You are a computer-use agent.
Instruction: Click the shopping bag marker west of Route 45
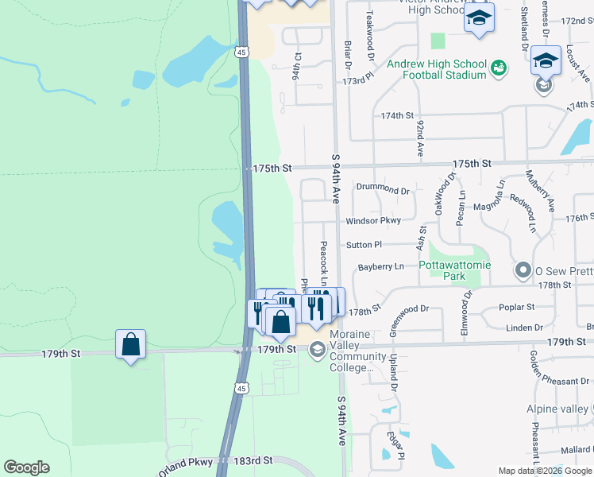click(x=131, y=344)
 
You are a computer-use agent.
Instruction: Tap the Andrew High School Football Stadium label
click(x=436, y=69)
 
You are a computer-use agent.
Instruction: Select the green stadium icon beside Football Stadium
click(x=498, y=69)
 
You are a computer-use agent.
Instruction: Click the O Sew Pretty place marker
click(x=523, y=271)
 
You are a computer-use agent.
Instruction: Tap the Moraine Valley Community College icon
click(x=317, y=349)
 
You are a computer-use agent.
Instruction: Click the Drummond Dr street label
click(x=383, y=190)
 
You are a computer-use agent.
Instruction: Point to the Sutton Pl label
click(x=364, y=245)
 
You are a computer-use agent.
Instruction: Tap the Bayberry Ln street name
click(x=381, y=266)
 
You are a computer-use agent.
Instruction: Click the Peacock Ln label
click(x=324, y=260)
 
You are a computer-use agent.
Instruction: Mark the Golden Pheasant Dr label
click(x=556, y=381)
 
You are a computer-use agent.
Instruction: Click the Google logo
click(x=26, y=467)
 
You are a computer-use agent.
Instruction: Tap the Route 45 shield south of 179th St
click(x=241, y=387)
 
